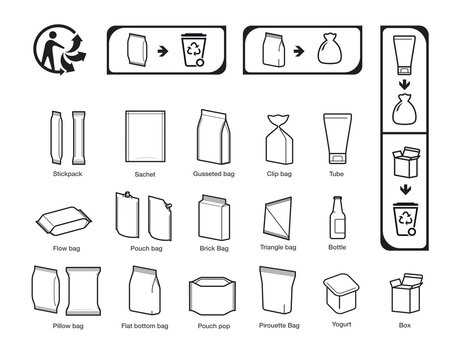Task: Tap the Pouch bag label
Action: tap(146, 247)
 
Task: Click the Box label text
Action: tap(405, 326)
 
